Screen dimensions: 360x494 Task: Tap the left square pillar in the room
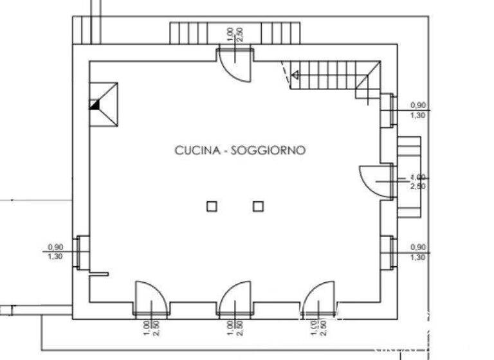click(x=212, y=206)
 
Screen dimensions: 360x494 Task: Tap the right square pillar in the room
click(x=258, y=206)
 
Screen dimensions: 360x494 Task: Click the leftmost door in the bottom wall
click(x=151, y=299)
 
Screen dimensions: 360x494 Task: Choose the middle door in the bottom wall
click(x=234, y=299)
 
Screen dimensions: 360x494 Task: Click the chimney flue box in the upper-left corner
click(x=104, y=104)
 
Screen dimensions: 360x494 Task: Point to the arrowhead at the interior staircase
click(x=296, y=76)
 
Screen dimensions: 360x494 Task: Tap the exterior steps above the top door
click(x=235, y=32)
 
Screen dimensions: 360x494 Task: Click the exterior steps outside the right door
click(x=408, y=176)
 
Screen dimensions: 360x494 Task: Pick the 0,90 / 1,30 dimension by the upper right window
click(x=418, y=110)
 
